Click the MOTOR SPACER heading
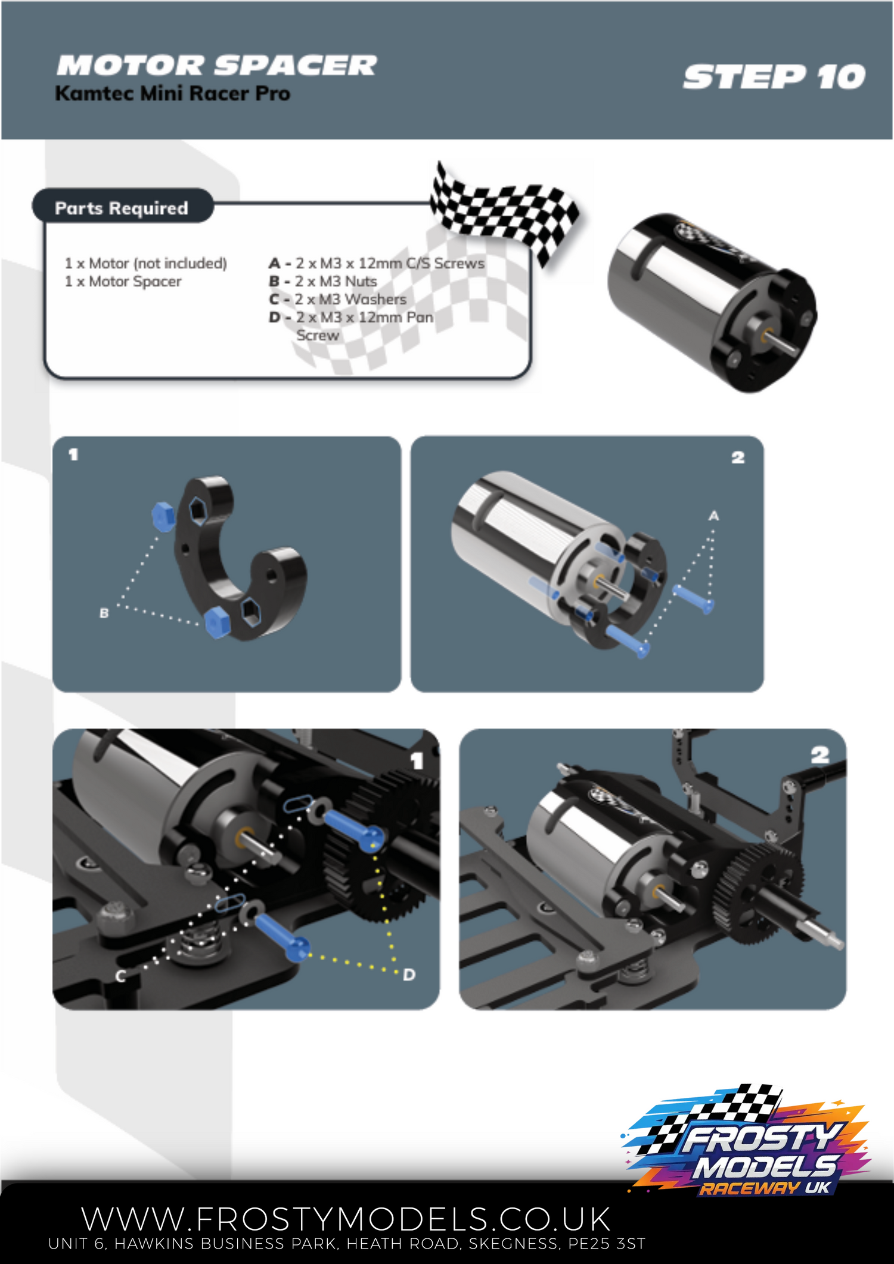pos(216,65)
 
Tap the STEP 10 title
pos(774,77)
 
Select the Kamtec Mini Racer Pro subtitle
pos(173,94)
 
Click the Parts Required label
pos(122,208)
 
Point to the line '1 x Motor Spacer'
pos(123,281)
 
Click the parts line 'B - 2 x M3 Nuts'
pos(322,281)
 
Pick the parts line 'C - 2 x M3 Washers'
pos(337,299)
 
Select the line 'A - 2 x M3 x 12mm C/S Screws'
pos(377,263)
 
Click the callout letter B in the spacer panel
pos(104,613)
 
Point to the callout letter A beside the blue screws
pos(713,516)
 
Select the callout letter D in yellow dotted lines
pos(409,975)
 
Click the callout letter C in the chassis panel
pos(120,976)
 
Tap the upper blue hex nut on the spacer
pos(163,516)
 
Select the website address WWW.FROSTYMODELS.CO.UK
pos(346,1219)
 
